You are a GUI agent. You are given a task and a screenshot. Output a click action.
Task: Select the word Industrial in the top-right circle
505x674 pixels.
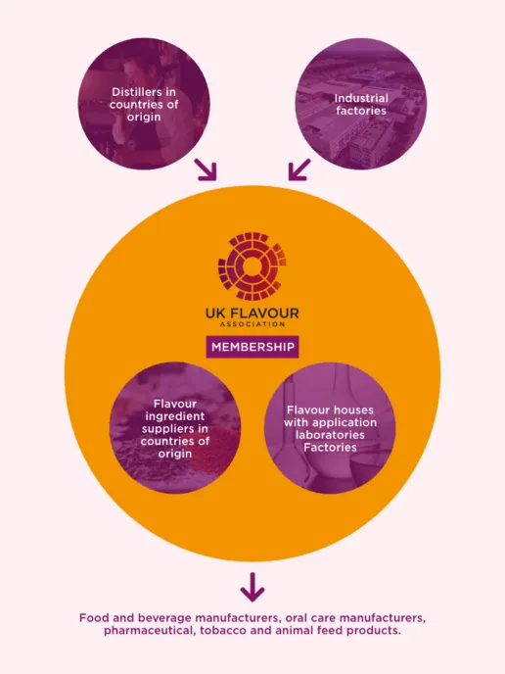point(361,98)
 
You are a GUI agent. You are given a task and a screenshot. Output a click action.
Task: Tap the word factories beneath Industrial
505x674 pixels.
point(360,111)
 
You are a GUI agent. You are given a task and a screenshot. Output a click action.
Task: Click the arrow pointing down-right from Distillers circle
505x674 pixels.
point(207,170)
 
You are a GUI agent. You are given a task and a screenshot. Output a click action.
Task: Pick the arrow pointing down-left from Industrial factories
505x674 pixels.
point(297,170)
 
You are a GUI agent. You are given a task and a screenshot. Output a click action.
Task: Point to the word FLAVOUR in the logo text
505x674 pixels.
point(264,313)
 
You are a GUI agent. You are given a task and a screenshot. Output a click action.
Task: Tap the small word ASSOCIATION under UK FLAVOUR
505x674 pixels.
point(252,324)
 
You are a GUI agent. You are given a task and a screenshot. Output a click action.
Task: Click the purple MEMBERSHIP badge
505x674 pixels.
point(252,347)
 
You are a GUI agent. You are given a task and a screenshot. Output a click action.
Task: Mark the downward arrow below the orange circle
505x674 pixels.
point(252,587)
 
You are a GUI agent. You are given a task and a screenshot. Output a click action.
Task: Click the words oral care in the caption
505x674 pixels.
point(305,618)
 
